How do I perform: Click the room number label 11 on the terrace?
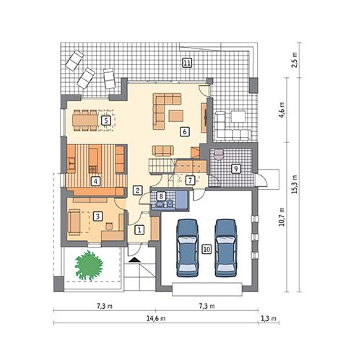tap(187, 63)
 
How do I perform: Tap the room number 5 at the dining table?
tap(105, 120)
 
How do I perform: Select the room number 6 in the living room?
tap(184, 132)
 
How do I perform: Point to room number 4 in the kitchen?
tap(95, 180)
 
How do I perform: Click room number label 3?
tap(96, 215)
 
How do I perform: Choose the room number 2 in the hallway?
tap(137, 190)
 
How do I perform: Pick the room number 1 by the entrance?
tap(139, 229)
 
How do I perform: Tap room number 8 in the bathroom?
tap(161, 196)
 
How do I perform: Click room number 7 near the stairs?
tap(189, 180)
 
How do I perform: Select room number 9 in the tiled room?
tap(235, 169)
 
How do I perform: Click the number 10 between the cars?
tap(206, 249)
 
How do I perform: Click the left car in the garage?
tap(187, 246)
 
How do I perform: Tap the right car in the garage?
tap(225, 246)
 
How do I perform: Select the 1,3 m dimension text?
tap(270, 319)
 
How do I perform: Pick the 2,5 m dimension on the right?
tap(294, 61)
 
